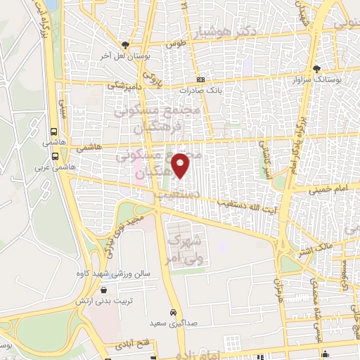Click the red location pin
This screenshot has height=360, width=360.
[181, 165]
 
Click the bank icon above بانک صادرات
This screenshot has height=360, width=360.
[201, 79]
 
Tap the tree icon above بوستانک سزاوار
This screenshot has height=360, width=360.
[318, 69]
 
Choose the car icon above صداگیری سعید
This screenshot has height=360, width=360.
[172, 312]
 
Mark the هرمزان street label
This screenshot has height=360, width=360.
[278, 288]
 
